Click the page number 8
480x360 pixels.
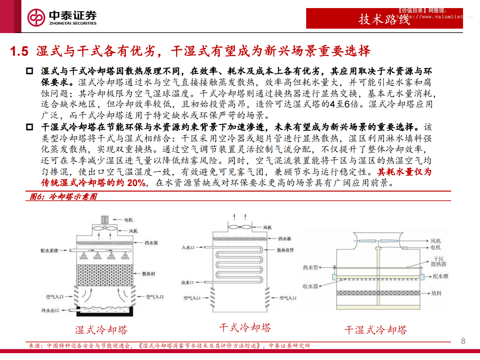pos(463,341)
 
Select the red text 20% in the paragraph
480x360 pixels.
pos(136,183)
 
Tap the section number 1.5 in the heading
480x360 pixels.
pos(19,52)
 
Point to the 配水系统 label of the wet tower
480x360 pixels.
pos(50,251)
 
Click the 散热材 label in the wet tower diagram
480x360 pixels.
pos(148,274)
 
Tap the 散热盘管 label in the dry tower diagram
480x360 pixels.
pos(285,250)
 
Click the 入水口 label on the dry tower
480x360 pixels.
pos(188,247)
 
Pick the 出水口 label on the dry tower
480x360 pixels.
pos(188,283)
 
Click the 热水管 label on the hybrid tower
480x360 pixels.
pos(310,267)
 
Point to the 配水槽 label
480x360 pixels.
pos(440,277)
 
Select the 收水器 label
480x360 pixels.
pos(310,286)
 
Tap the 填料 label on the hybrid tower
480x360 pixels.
pos(436,293)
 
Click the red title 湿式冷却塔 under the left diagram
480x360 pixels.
pos(101,330)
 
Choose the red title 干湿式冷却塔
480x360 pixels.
pos(375,330)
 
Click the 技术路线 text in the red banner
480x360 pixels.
pos(384,19)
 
